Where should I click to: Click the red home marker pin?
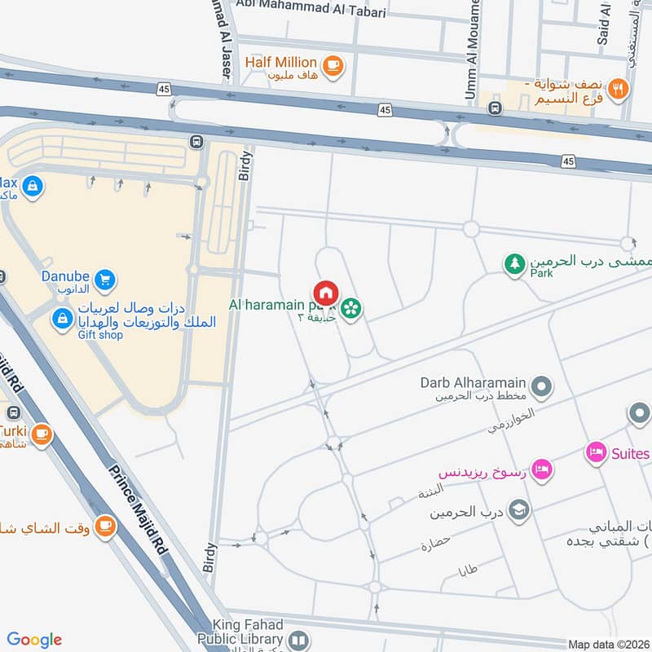[325, 293]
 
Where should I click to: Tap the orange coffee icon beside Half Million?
[332, 65]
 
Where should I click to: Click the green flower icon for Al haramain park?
[351, 308]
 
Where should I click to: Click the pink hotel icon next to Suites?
[596, 452]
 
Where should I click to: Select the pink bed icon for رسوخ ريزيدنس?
[540, 469]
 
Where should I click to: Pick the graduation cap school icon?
[518, 510]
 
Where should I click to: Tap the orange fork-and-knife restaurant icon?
[618, 89]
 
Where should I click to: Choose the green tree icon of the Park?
[513, 265]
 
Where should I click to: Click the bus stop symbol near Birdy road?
[196, 142]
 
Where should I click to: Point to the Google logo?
[34, 640]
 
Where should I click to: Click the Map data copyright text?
[609, 645]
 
